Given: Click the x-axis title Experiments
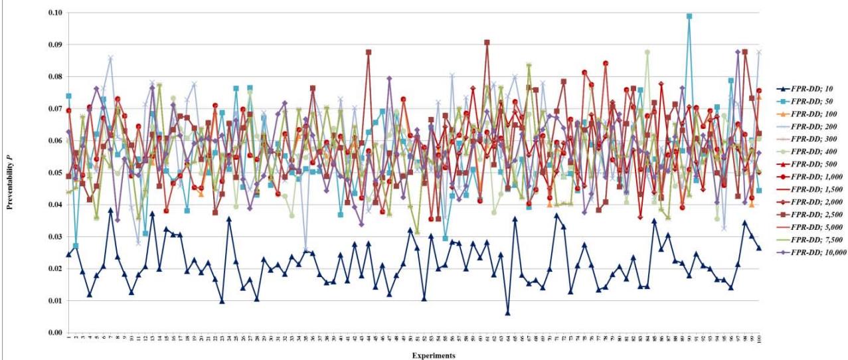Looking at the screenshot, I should point(432,355).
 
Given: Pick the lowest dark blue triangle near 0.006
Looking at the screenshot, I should point(507,313).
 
